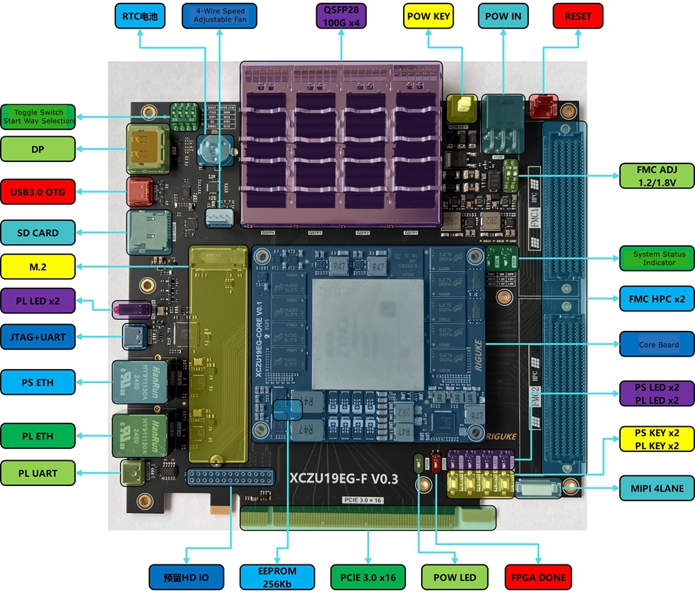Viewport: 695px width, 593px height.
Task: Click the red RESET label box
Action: click(x=578, y=16)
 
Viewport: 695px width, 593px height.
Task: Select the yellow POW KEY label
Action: click(x=428, y=16)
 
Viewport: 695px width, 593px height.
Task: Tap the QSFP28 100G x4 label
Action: click(x=341, y=16)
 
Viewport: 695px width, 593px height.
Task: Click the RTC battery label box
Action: click(x=140, y=16)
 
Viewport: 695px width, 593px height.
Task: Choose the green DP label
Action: click(x=38, y=149)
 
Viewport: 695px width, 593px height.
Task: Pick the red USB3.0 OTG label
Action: click(x=38, y=191)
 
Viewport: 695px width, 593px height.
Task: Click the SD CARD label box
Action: click(x=38, y=233)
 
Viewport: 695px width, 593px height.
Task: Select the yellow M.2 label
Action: click(x=38, y=266)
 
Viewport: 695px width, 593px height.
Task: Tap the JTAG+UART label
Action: click(x=38, y=337)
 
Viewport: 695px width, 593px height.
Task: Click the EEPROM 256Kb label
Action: click(x=277, y=576)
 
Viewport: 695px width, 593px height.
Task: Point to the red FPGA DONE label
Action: click(x=538, y=577)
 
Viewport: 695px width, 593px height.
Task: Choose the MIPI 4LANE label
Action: click(x=657, y=488)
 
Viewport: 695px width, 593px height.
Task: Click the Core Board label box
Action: click(x=657, y=344)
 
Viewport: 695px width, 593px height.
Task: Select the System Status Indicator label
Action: click(x=657, y=259)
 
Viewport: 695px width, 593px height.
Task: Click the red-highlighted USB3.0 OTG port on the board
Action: click(x=140, y=190)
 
